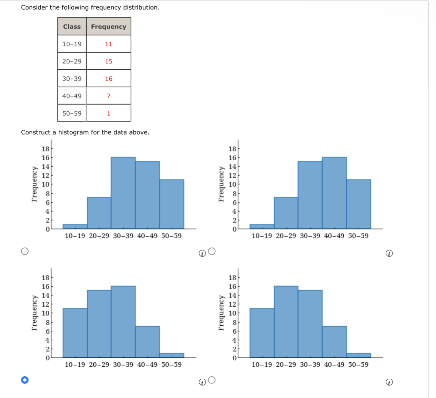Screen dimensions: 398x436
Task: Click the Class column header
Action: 72,26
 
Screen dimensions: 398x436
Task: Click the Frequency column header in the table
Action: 108,26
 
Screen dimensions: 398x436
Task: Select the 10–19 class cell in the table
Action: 72,44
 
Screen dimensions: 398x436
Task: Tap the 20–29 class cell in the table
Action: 72,61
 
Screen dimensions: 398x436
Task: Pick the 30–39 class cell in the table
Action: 72,79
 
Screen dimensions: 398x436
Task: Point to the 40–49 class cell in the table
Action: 72,96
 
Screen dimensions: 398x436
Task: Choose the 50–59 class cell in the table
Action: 72,113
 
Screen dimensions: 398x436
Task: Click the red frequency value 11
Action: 109,44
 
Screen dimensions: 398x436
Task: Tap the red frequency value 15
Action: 109,61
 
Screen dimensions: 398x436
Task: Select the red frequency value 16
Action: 109,79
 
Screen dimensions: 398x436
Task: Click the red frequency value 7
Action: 109,96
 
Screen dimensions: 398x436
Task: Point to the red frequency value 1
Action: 109,113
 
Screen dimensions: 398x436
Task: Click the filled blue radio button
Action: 25,380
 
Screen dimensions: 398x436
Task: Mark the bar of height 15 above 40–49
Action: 147,195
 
